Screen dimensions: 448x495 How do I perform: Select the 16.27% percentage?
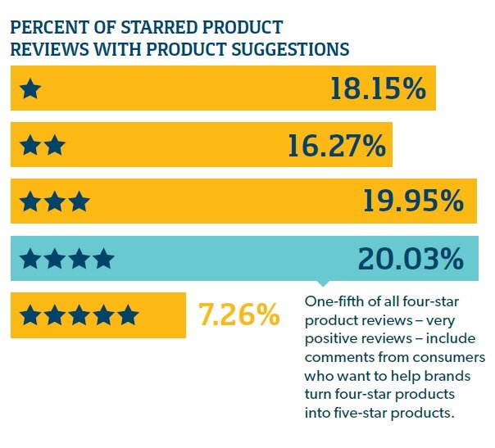click(x=336, y=146)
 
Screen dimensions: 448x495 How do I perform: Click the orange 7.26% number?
click(x=239, y=315)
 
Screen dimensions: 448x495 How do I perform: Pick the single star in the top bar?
click(x=30, y=89)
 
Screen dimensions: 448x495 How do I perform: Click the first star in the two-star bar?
click(x=30, y=146)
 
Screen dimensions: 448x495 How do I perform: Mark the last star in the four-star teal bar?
click(x=102, y=260)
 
